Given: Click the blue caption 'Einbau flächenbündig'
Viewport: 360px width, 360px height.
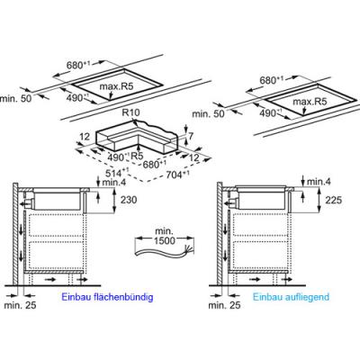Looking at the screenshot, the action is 107,297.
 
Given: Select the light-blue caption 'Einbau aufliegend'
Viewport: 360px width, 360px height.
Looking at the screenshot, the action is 291,297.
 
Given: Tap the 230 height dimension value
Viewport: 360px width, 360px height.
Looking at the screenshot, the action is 129,200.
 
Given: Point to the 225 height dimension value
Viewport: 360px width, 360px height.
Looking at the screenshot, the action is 334,200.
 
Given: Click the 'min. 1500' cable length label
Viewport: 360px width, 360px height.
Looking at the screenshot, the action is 165,236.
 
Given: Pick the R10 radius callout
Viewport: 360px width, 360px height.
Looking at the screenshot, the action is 131,113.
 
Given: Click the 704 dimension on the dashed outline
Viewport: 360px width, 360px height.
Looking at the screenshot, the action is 178,175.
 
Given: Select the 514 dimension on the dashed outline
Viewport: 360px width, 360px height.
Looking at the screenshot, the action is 117,173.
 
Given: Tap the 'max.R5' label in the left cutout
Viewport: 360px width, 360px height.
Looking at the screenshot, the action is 116,87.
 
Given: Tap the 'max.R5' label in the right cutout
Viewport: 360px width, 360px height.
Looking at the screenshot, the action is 310,102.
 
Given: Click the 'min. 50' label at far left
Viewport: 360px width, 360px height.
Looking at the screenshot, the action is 15,98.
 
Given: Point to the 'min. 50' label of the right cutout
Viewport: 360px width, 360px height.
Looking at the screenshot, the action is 208,113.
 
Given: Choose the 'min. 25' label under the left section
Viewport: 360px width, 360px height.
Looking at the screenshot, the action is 20,305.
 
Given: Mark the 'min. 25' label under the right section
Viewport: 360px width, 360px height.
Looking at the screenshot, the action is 224,305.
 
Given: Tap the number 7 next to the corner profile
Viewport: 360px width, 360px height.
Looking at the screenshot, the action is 190,137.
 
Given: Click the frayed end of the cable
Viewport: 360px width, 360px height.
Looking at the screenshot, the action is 190,249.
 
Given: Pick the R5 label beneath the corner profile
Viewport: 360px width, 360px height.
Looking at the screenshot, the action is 136,156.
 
